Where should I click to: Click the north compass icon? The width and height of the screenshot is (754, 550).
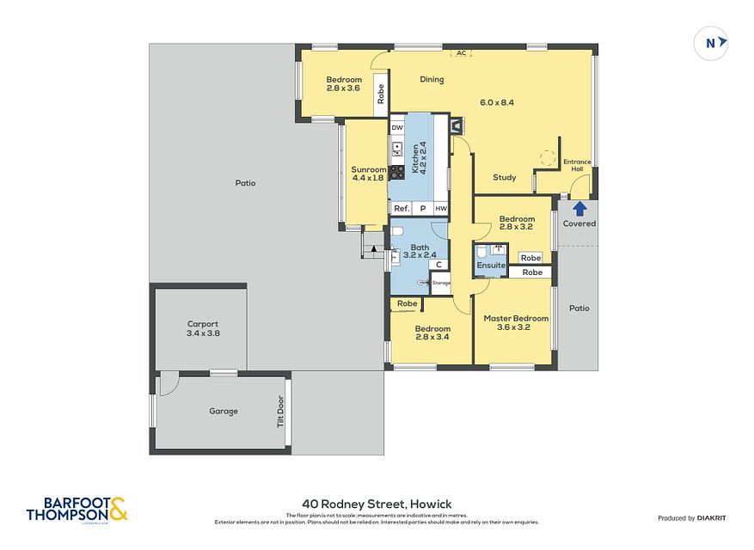point(711,43)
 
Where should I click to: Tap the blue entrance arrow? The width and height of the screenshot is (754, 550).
point(579,207)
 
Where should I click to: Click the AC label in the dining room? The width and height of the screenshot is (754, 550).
point(461,53)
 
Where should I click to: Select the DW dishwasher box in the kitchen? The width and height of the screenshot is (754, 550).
point(397,128)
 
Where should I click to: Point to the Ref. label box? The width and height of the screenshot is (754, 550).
point(401,209)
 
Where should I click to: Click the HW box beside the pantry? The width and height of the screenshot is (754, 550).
point(440,209)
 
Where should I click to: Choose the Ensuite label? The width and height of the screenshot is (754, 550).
point(491,266)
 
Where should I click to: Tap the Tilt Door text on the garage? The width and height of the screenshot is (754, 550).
point(280,411)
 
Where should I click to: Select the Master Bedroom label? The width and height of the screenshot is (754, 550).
point(516,322)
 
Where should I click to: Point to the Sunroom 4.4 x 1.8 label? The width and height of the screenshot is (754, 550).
point(367,174)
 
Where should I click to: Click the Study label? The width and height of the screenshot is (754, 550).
point(505,178)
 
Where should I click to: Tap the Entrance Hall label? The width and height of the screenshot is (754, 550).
point(577,165)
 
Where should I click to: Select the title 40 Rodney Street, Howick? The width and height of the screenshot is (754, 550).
point(377,504)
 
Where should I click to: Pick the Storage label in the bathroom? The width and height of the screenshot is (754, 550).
point(441,283)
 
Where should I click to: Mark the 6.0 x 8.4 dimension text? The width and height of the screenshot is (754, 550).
point(497,102)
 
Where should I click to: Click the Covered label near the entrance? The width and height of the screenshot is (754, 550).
point(579,223)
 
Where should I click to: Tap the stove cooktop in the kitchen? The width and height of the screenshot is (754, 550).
point(397,172)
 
